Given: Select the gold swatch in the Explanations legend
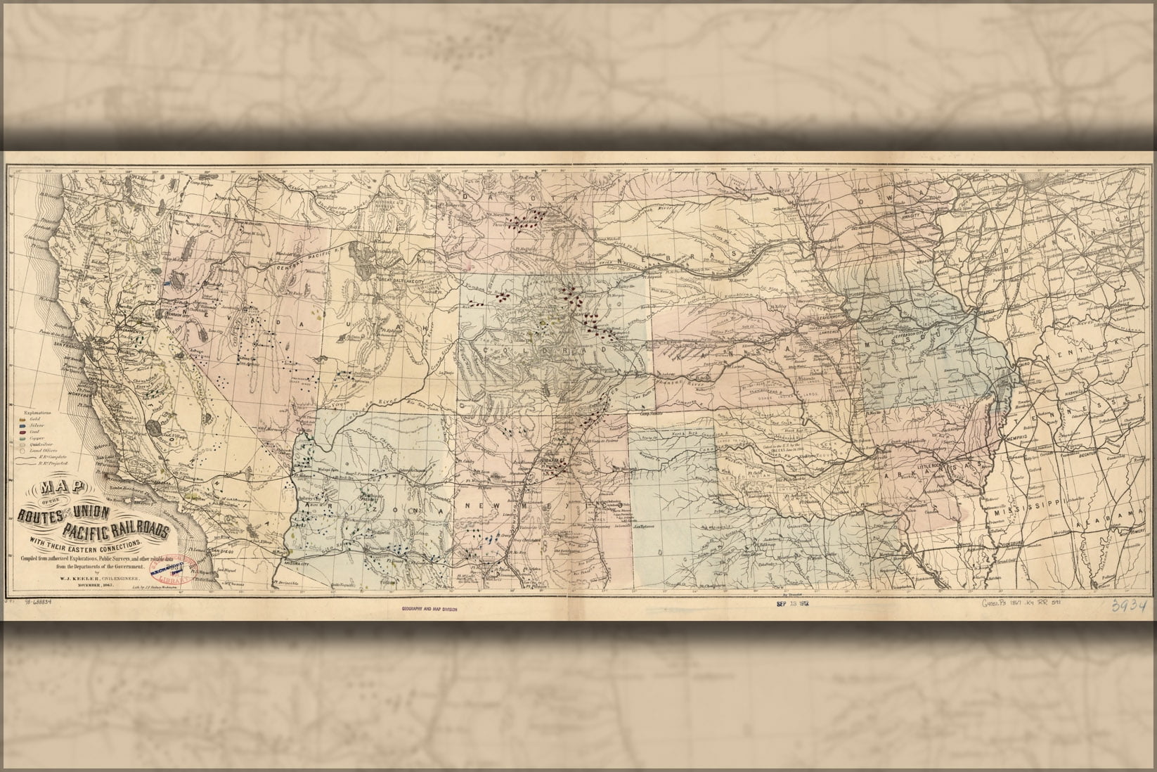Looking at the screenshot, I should tap(20, 418).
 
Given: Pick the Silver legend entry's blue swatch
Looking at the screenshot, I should tap(20, 424).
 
